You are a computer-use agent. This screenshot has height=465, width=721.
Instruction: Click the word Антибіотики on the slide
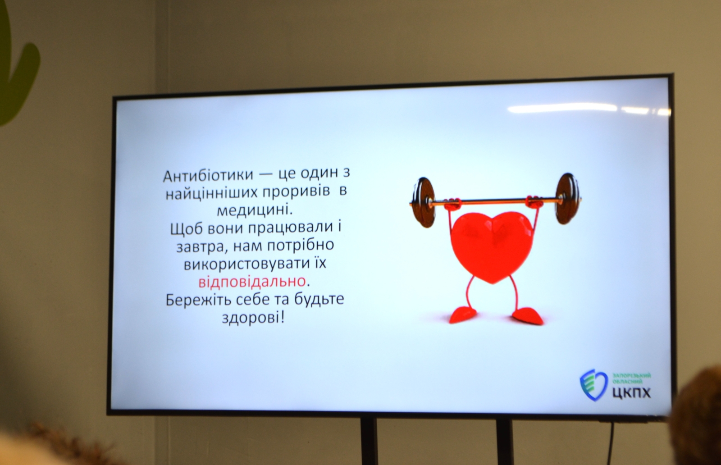coord(208,176)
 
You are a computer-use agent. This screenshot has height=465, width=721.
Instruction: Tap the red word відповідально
coord(252,281)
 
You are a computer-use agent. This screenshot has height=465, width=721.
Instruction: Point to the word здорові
coord(253,318)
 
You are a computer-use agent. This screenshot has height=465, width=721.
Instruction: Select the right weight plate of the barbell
coord(567,198)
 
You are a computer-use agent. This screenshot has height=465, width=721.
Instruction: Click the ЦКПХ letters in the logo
coord(631,392)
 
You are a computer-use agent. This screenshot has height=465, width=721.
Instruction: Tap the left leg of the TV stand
coord(369,441)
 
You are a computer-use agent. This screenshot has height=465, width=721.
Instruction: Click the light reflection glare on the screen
coord(589,109)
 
